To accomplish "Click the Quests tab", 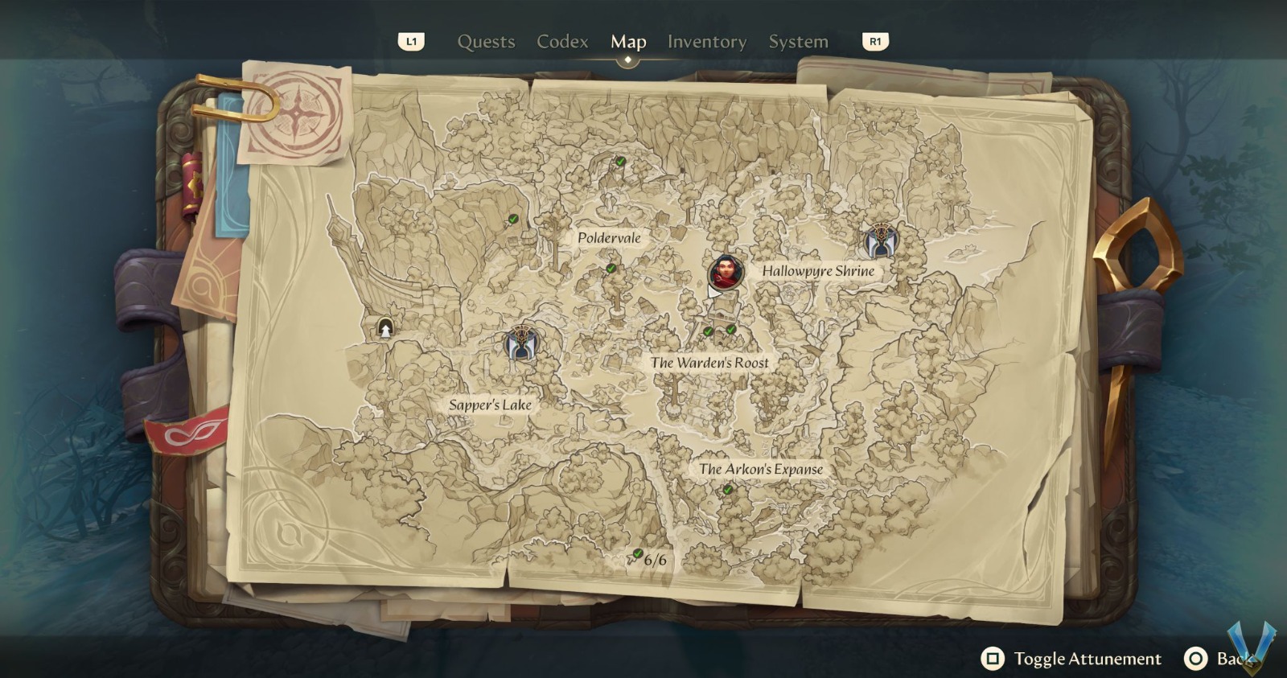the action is click(486, 42).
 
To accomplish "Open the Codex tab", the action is click(562, 42).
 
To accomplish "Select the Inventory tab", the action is click(706, 42).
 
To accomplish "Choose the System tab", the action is click(798, 42).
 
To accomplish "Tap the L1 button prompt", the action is click(411, 42).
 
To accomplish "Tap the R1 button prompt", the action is click(875, 42).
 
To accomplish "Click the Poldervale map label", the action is click(609, 238).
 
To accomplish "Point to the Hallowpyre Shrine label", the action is click(818, 271).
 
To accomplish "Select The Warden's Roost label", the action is click(709, 363).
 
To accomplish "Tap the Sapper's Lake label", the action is click(490, 405).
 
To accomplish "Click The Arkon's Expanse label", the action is click(760, 469).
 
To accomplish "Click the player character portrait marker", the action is click(726, 273).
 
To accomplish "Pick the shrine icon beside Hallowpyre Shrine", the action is click(881, 241).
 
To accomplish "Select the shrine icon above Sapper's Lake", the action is click(521, 343).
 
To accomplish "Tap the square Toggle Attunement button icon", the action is click(993, 660).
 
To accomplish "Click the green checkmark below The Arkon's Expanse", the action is click(727, 489).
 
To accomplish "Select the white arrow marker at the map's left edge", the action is click(385, 328).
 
